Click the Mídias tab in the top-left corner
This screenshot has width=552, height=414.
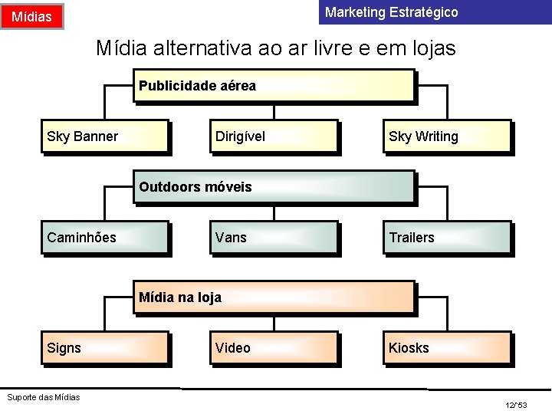[x=32, y=16]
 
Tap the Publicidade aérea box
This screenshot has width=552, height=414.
[x=274, y=86]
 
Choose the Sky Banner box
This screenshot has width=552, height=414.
[x=104, y=136]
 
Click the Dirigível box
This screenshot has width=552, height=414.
[x=273, y=136]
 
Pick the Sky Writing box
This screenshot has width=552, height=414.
[x=445, y=136]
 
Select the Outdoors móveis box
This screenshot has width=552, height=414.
[x=274, y=187]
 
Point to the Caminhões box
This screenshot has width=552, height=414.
[x=104, y=238]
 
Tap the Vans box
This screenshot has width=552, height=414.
[x=273, y=238]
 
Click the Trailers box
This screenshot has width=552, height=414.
[x=445, y=238]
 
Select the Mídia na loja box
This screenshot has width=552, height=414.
[x=274, y=297]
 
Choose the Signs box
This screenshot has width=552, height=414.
[x=104, y=348]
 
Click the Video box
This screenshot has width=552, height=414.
[x=273, y=348]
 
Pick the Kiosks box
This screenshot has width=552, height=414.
[x=445, y=348]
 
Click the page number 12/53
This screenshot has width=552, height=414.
[x=516, y=404]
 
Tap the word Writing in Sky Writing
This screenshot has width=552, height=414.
[x=436, y=136]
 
